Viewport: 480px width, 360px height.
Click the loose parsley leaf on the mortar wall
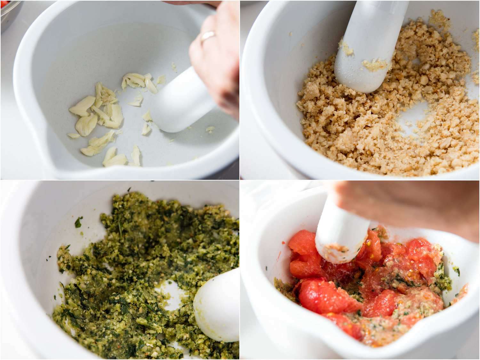[79, 221]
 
